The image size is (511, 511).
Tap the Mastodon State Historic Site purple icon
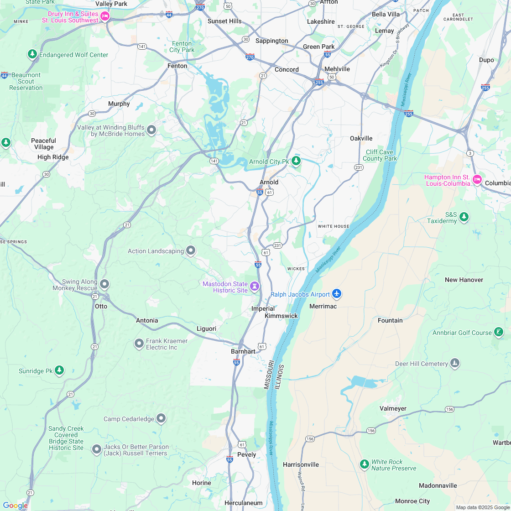(255, 287)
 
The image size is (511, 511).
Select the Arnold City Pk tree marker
(297, 161)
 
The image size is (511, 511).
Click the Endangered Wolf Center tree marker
(32, 54)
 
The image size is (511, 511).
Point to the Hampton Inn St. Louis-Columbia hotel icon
(477, 179)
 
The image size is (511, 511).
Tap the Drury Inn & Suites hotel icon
(105, 17)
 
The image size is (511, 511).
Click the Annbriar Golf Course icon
(499, 333)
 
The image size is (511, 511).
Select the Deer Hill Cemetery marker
(454, 363)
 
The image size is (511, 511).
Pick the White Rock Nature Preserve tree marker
(364, 464)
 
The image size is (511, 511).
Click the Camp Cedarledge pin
(161, 418)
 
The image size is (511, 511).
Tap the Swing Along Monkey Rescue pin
(104, 284)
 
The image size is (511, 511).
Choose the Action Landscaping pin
(191, 250)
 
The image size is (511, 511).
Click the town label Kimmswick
(281, 316)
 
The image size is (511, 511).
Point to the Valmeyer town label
(393, 408)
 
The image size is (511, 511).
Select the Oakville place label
(361, 138)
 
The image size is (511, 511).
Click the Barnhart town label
(243, 351)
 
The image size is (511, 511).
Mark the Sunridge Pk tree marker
(59, 370)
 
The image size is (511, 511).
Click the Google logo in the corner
(15, 505)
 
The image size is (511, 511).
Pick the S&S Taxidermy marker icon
(464, 217)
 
